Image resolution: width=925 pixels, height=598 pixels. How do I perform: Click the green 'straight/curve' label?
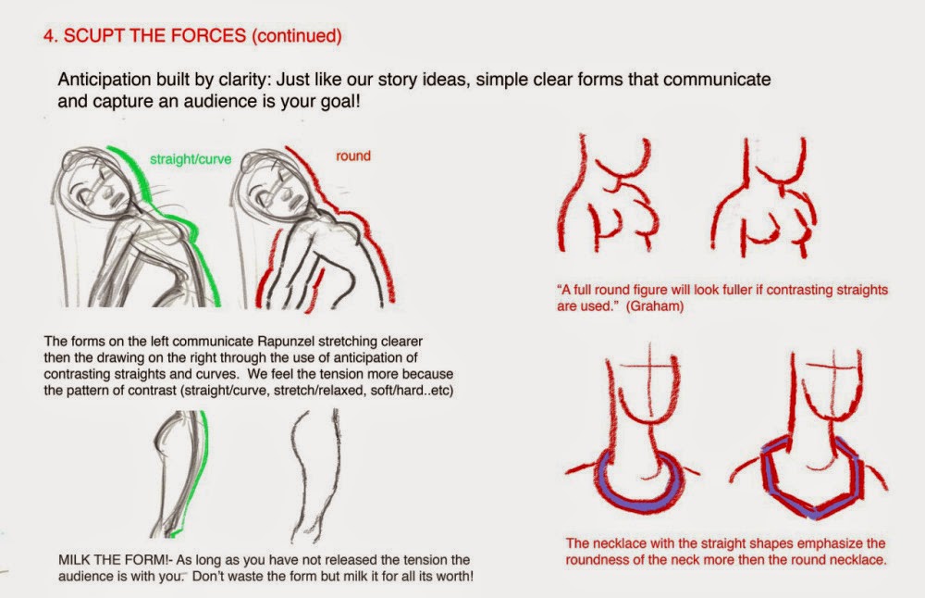click(190, 159)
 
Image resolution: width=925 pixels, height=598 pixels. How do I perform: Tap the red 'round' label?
click(353, 156)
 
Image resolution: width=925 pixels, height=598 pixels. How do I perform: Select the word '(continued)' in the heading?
click(297, 36)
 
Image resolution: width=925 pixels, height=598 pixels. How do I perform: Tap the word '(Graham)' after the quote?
click(655, 306)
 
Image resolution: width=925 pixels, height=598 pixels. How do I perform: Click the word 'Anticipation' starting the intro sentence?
click(105, 80)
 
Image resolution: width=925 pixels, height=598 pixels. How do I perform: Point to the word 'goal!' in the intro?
click(339, 102)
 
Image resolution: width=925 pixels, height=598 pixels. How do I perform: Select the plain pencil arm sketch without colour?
click(315, 476)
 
